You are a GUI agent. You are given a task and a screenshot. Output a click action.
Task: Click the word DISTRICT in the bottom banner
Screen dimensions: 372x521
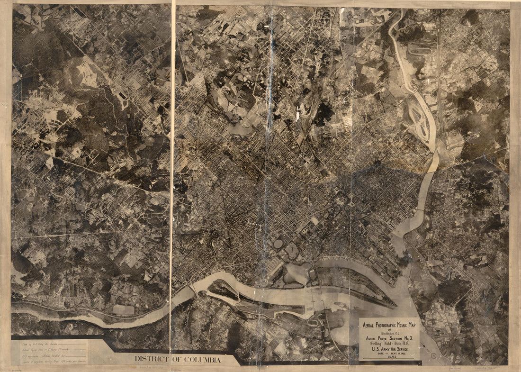click(151, 359)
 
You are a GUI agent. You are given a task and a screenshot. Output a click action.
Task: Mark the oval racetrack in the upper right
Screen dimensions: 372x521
click(421, 50)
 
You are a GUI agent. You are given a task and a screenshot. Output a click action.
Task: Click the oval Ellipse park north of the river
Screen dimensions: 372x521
click(278, 244)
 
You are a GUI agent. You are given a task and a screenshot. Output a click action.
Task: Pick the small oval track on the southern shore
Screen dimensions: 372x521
click(313, 322)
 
